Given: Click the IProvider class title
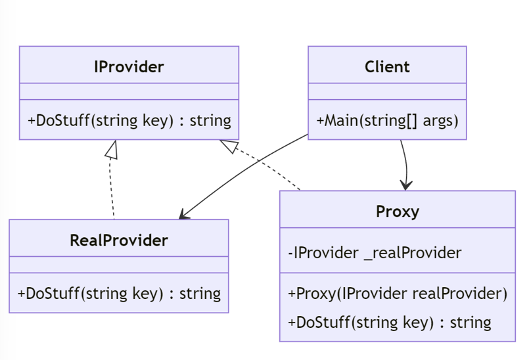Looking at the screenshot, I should (x=129, y=66).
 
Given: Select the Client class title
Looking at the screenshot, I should (x=387, y=66).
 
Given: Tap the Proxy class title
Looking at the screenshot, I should (x=397, y=211).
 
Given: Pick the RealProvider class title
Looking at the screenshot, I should (x=119, y=240).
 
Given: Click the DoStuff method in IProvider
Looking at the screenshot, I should (x=129, y=120).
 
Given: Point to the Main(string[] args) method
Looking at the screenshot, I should (x=387, y=120).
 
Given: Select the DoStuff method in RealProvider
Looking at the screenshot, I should (x=119, y=293).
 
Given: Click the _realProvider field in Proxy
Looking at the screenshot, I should (x=375, y=253).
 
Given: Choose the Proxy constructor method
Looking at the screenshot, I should (x=397, y=294).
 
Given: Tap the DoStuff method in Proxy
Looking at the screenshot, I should (x=389, y=322).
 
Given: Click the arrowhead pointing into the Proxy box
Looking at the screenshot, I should (x=407, y=185).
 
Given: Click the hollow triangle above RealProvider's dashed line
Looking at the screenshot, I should (x=112, y=150).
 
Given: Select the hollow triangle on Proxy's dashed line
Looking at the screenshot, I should (x=229, y=147).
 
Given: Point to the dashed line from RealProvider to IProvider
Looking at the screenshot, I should (x=112, y=191).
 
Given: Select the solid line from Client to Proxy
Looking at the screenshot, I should (x=405, y=161).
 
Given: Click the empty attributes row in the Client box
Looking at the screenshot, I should (x=387, y=91).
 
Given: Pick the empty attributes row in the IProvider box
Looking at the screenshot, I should (x=129, y=91).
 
